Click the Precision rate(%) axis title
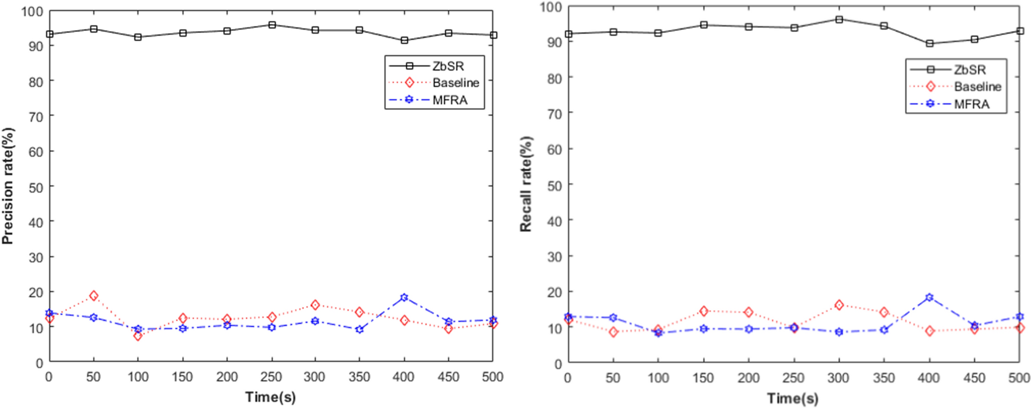click(8, 186)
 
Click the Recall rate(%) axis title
click(526, 184)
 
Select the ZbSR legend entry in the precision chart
click(447, 66)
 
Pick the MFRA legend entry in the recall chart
click(971, 104)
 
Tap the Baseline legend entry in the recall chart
click(977, 87)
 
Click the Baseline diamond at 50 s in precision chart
click(94, 296)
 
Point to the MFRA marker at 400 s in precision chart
click(404, 298)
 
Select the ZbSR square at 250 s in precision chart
click(272, 25)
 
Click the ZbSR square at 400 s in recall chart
click(930, 44)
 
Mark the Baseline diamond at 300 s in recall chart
click(839, 305)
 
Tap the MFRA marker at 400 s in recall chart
click(930, 298)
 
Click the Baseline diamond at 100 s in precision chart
click(138, 336)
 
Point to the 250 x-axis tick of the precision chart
click(271, 377)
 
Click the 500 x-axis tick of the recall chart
click(1019, 378)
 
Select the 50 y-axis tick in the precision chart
click(35, 187)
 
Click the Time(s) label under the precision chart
click(270, 397)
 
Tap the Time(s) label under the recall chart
click(793, 399)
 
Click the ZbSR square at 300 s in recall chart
click(839, 20)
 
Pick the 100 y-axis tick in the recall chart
click(551, 7)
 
